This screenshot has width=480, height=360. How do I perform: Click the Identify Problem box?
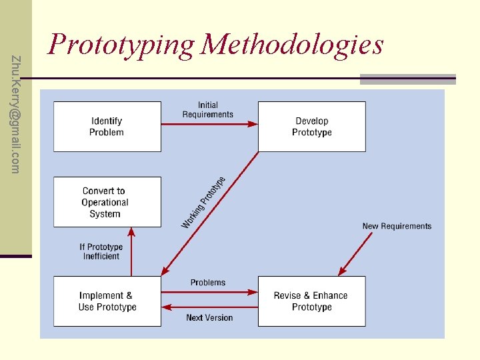[x=107, y=127]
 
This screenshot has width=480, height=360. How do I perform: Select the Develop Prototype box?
[x=311, y=127]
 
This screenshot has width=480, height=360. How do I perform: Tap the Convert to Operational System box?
[x=107, y=202]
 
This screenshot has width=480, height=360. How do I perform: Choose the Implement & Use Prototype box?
[x=107, y=301]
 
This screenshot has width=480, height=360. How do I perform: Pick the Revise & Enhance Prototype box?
[x=311, y=301]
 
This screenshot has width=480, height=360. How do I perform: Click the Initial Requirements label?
[x=208, y=109]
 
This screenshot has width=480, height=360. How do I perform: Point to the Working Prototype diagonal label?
[x=203, y=202]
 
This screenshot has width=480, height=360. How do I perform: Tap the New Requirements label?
[x=397, y=226]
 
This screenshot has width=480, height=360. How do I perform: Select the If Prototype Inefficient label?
[x=101, y=251]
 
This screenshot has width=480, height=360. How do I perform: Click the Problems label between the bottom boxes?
[x=208, y=283]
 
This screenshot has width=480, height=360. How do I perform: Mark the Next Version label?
[x=209, y=317]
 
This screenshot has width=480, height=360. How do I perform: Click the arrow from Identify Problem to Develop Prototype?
[x=209, y=123]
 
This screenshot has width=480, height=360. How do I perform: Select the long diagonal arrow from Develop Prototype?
[x=210, y=213]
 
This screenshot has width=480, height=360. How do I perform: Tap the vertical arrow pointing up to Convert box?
[x=131, y=251]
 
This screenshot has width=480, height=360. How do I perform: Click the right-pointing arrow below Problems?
[x=209, y=291]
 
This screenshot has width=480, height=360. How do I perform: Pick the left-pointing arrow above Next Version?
[x=209, y=307]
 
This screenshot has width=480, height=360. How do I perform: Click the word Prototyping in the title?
[x=121, y=45]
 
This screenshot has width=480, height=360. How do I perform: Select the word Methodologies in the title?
[x=293, y=45]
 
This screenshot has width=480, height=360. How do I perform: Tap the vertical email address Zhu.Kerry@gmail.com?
[x=16, y=113]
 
